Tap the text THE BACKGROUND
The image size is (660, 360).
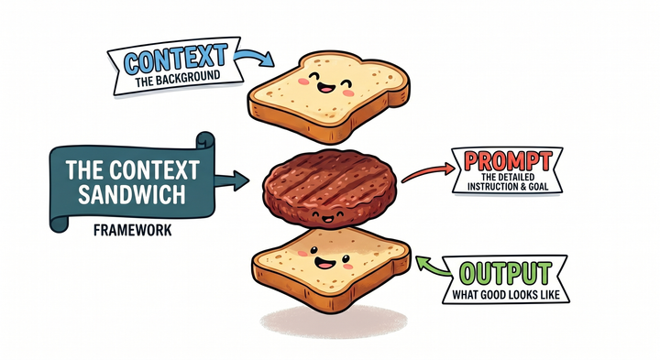[x=178, y=79]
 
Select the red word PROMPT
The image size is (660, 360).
[x=508, y=160]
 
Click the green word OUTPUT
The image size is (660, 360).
[x=505, y=273]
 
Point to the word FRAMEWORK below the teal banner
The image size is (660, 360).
[x=133, y=231]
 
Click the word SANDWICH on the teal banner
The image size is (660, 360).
[x=132, y=195]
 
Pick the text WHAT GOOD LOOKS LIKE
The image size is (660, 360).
[x=506, y=295]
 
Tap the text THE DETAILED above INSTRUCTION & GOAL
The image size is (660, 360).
[x=508, y=177]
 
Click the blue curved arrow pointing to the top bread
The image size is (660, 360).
[x=253, y=57]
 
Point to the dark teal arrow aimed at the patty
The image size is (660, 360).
[x=232, y=180]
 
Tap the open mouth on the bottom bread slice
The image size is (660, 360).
[x=324, y=264]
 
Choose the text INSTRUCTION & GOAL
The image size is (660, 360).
[x=508, y=186]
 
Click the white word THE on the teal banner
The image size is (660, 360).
[x=84, y=169]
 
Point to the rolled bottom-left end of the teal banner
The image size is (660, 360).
[x=59, y=224]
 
